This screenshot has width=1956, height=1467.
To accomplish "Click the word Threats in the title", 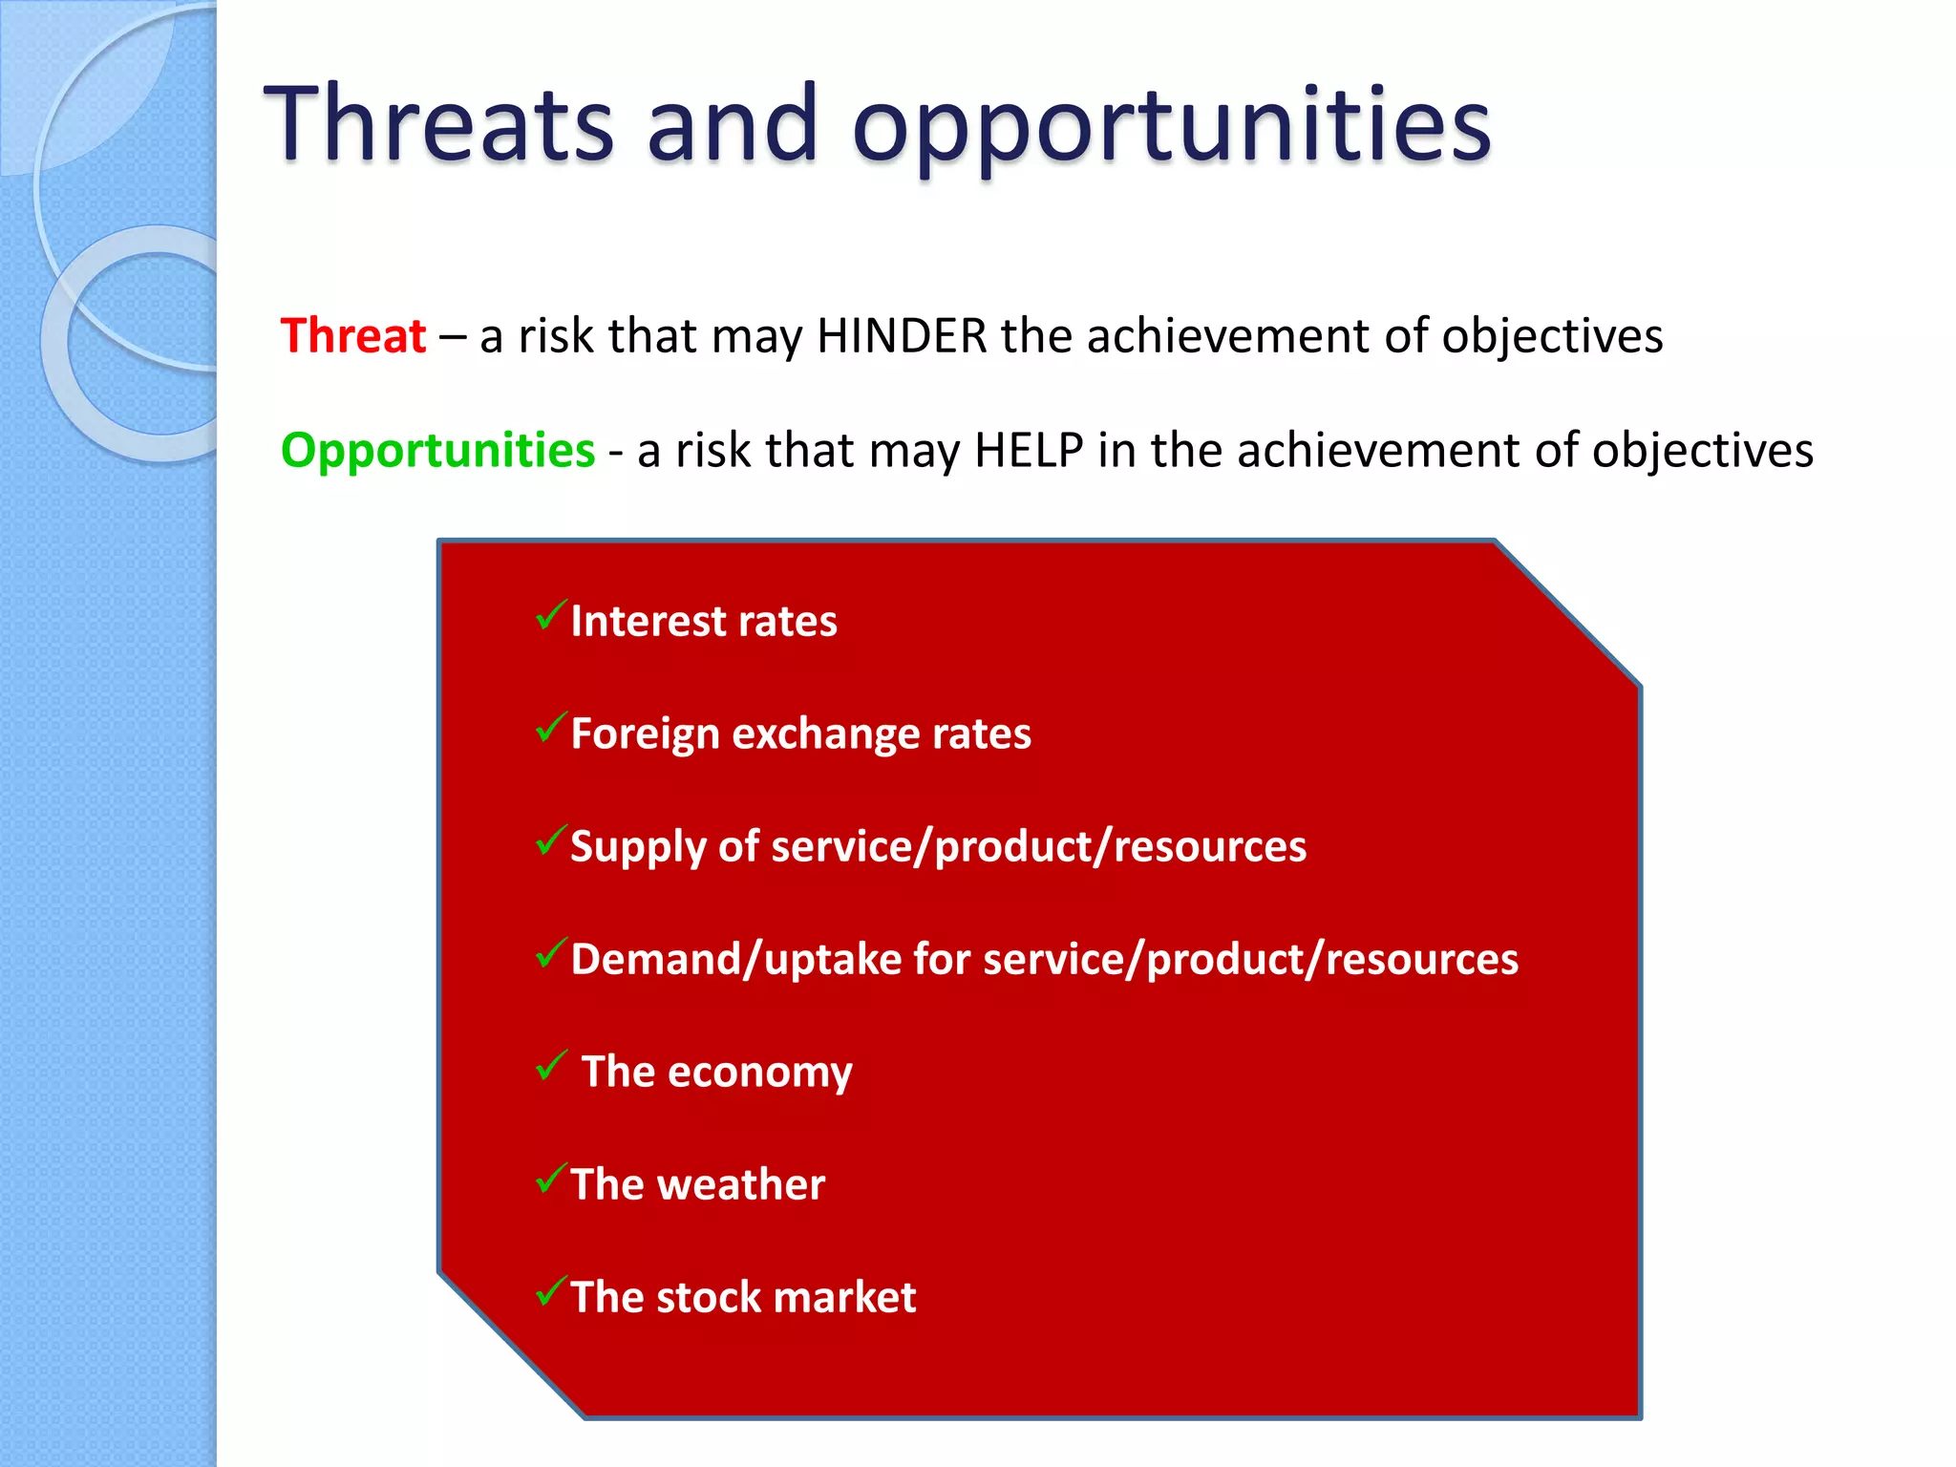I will pos(439,124).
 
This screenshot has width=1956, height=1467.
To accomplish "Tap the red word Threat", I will pos(353,336).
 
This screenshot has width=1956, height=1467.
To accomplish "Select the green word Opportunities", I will pos(437,450).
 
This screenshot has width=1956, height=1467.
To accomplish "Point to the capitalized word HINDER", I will pos(902,336).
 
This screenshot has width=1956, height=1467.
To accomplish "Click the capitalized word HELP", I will pos(1029,450).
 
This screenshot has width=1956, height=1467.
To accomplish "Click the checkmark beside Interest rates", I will pos(551,615).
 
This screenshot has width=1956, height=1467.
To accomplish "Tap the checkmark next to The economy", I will pos(551,1065).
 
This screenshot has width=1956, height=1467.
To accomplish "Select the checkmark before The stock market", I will pos(551,1291).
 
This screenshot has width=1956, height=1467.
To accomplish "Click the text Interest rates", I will pos(704,622).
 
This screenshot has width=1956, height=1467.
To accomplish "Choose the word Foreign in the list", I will pos(645,734).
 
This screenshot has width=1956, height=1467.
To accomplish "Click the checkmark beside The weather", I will pos(551,1179).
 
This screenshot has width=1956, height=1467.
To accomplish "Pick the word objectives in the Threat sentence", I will pos(1552,336).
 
